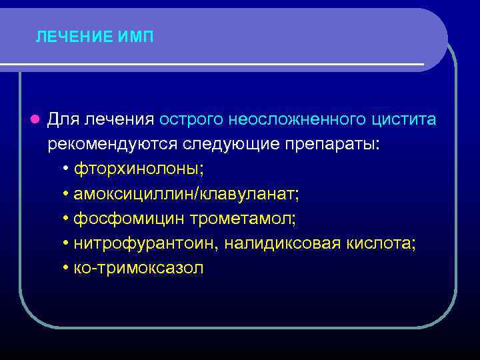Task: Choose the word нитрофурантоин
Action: pyautogui.click(x=135, y=243)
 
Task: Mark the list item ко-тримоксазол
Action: pyautogui.click(x=138, y=268)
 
